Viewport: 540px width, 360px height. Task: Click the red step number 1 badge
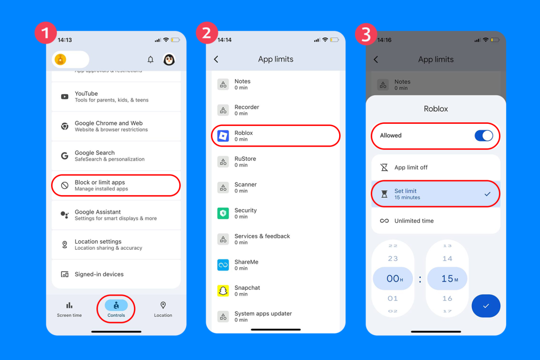pyautogui.click(x=45, y=33)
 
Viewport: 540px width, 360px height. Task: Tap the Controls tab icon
pyautogui.click(x=116, y=305)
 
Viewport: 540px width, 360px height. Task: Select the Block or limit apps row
pyautogui.click(x=116, y=186)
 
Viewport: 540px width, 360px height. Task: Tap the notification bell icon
pyautogui.click(x=150, y=60)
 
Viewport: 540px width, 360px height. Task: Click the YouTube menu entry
pyautogui.click(x=116, y=96)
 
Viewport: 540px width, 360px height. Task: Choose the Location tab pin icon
pyautogui.click(x=163, y=305)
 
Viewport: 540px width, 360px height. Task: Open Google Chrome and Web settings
pyautogui.click(x=116, y=126)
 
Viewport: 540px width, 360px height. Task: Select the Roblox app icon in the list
pyautogui.click(x=223, y=136)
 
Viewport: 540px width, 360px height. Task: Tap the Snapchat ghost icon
pyautogui.click(x=223, y=291)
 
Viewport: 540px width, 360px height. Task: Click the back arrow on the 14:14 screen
pyautogui.click(x=216, y=60)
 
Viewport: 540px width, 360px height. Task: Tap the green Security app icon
pyautogui.click(x=223, y=213)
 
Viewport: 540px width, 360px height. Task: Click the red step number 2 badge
pyautogui.click(x=206, y=33)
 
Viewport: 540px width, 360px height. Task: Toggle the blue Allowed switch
pyautogui.click(x=484, y=135)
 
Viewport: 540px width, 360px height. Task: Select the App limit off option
pyautogui.click(x=436, y=168)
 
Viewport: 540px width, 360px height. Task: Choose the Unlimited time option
pyautogui.click(x=436, y=221)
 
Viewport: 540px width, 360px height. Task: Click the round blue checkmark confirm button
pyautogui.click(x=486, y=306)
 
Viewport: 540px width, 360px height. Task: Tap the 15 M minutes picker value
pyautogui.click(x=447, y=279)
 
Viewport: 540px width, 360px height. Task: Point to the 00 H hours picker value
pyautogui.click(x=393, y=279)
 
